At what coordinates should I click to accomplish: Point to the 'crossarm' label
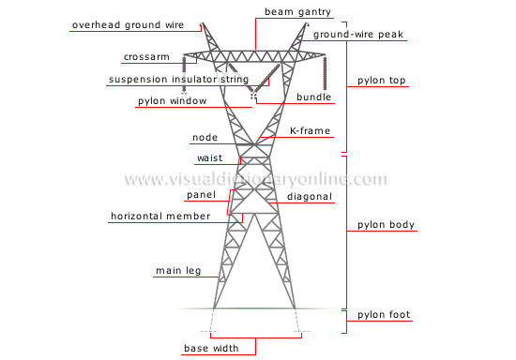pyautogui.click(x=146, y=57)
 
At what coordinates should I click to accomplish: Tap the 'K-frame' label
pyautogui.click(x=310, y=130)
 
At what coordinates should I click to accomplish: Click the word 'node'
pyautogui.click(x=205, y=138)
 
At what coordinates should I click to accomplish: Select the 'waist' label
pyautogui.click(x=209, y=158)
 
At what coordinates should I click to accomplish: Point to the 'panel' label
pyautogui.click(x=201, y=196)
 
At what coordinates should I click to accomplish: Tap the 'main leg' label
pyautogui.click(x=175, y=273)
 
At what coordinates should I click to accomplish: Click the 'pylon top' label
pyautogui.click(x=379, y=81)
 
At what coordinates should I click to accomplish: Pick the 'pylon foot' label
pyautogui.click(x=382, y=315)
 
